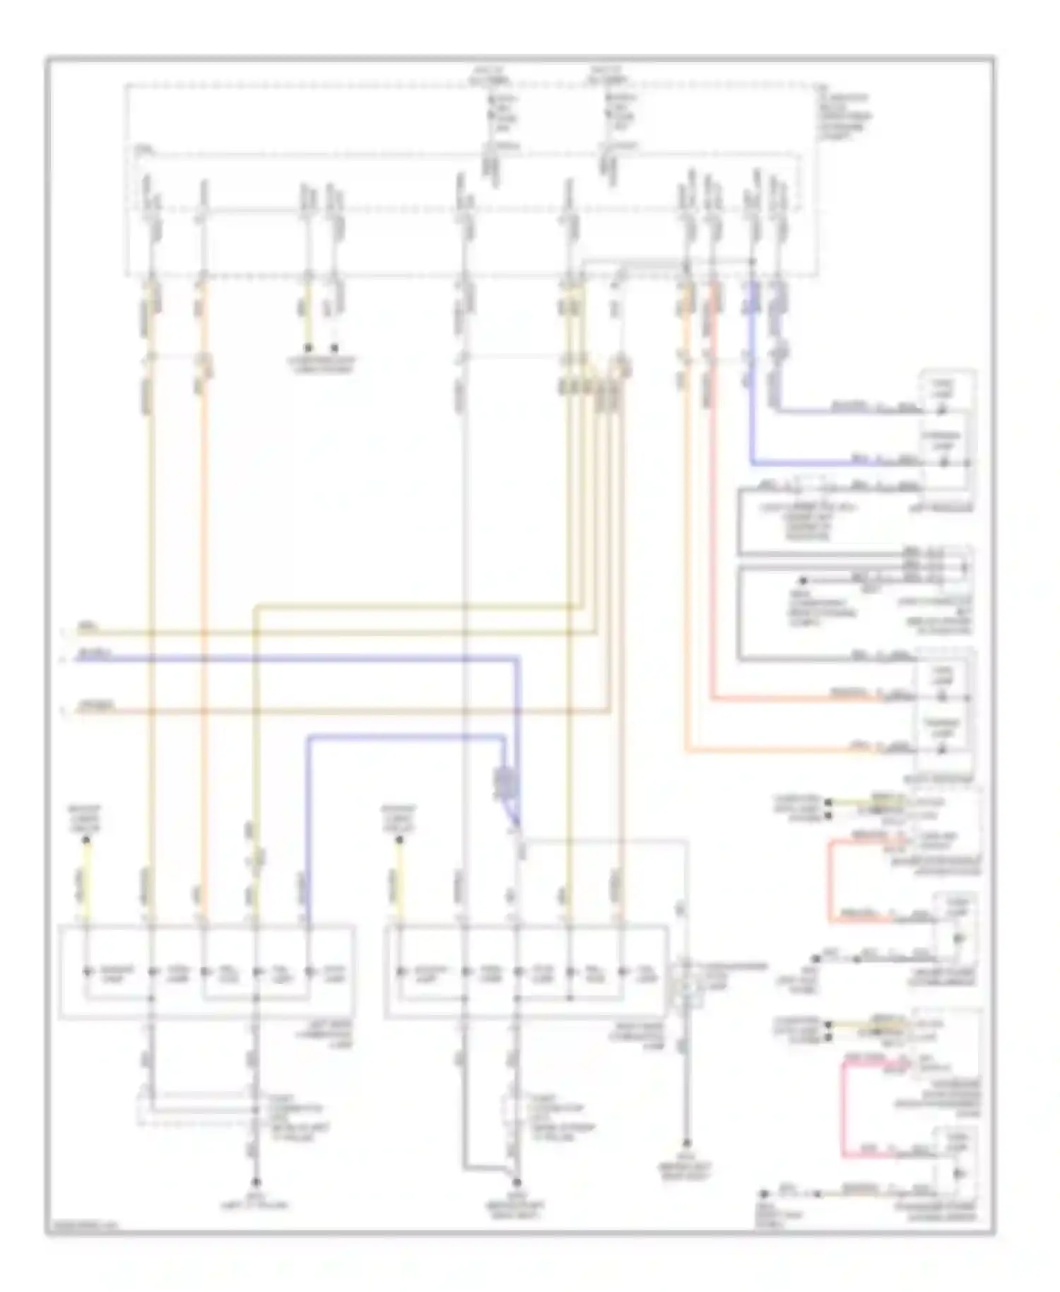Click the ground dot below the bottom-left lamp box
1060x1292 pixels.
257,1181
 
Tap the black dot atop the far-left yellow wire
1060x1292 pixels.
86,840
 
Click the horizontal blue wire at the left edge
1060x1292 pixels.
212,659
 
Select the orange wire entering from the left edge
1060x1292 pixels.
212,711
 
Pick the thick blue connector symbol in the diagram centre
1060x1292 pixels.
504,782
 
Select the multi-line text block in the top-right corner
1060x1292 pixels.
844,117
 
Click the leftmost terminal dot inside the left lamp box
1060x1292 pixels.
88,971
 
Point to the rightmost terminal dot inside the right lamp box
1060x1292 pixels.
623,971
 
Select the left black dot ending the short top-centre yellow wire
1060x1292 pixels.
308,348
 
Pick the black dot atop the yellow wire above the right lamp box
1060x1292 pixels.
399,840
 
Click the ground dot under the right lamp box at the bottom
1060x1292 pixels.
517,1182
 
